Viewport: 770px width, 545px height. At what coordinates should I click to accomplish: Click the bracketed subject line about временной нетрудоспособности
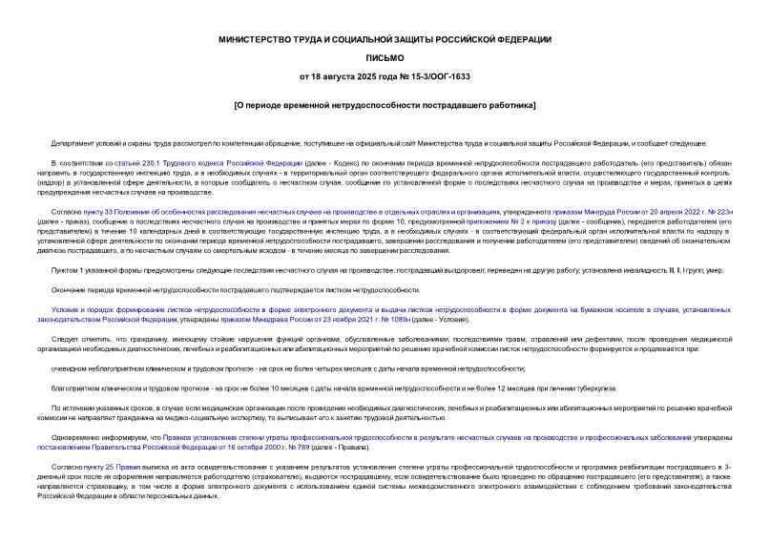coord(384,104)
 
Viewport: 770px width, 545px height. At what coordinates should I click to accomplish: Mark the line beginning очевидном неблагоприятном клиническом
coord(286,367)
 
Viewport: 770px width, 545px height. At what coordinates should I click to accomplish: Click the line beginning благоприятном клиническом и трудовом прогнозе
coord(286,388)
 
